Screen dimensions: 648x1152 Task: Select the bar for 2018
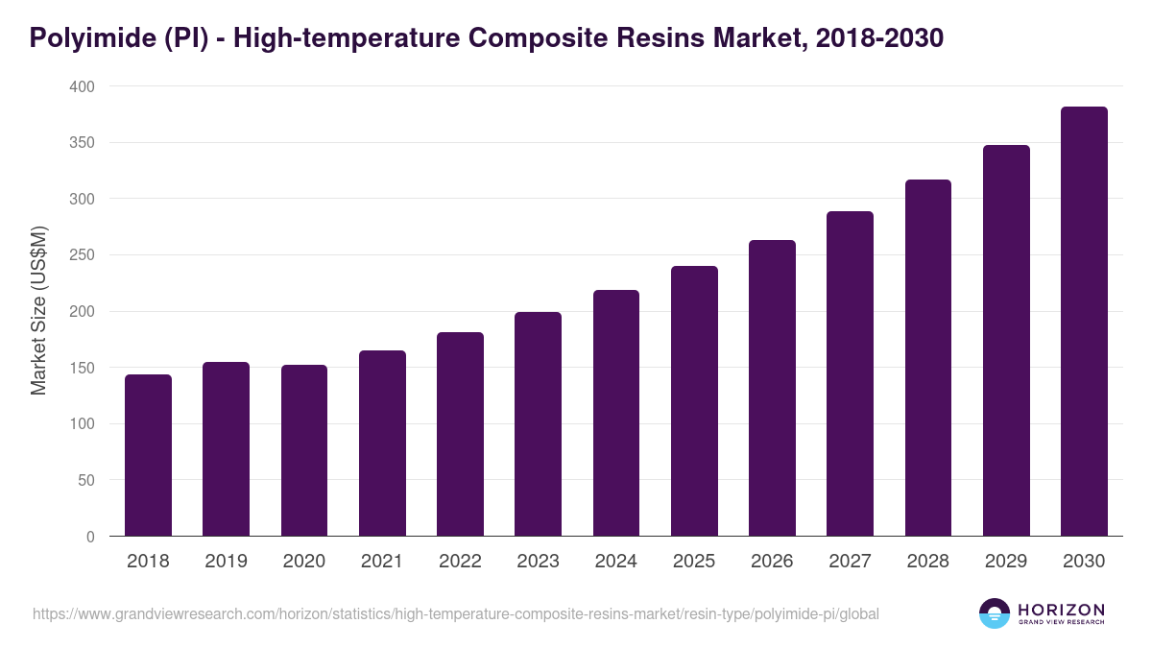coord(148,455)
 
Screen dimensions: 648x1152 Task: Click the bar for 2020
coord(304,450)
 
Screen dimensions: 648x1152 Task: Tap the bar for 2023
coord(538,423)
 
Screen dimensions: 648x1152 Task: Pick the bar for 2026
coord(772,388)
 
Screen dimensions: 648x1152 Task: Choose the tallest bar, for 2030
coord(1084,322)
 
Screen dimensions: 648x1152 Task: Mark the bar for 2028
coord(927,357)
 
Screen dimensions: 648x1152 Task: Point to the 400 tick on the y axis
coord(83,87)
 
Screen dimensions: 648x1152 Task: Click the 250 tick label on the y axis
coord(83,255)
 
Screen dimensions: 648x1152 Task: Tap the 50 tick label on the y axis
coord(86,480)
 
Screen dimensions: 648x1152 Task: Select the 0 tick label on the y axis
coord(90,537)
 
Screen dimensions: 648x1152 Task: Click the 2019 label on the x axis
coord(226,562)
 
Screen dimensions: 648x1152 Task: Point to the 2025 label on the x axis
coord(693,562)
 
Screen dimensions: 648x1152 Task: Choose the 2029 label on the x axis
coord(1006,562)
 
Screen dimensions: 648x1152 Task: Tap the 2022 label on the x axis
coord(460,562)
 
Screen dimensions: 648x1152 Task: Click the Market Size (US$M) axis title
coord(38,311)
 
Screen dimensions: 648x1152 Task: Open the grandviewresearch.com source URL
coord(456,613)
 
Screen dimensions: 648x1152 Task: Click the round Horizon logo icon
coord(995,613)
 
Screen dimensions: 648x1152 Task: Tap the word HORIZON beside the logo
coord(1061,610)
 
